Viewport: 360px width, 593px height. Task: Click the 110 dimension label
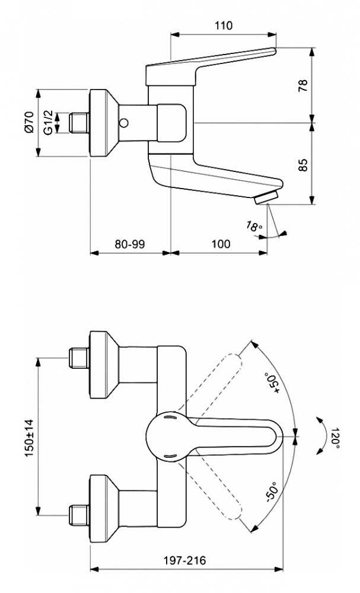[223, 25]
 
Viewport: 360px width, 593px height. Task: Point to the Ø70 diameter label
[27, 123]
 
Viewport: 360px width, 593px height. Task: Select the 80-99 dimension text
[130, 244]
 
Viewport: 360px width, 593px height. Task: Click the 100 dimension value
[220, 244]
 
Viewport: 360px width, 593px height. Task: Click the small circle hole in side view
[123, 123]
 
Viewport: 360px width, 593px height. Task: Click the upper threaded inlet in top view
[78, 359]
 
